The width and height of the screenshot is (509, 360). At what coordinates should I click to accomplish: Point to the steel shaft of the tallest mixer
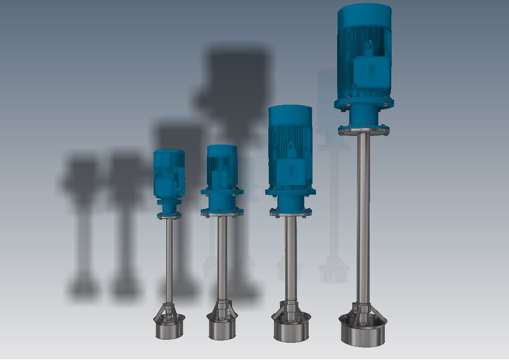(x=363, y=216)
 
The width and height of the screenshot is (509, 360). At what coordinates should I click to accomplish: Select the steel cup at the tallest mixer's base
(x=363, y=333)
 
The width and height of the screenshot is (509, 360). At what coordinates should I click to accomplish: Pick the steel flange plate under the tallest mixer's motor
(x=363, y=130)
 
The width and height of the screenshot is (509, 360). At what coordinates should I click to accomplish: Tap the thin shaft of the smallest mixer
(x=169, y=260)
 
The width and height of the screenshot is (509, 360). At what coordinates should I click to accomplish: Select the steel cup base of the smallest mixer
(x=169, y=329)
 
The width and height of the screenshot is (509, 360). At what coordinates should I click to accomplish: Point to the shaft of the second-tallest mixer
(x=290, y=260)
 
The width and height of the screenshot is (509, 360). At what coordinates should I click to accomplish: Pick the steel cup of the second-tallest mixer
(x=291, y=331)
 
